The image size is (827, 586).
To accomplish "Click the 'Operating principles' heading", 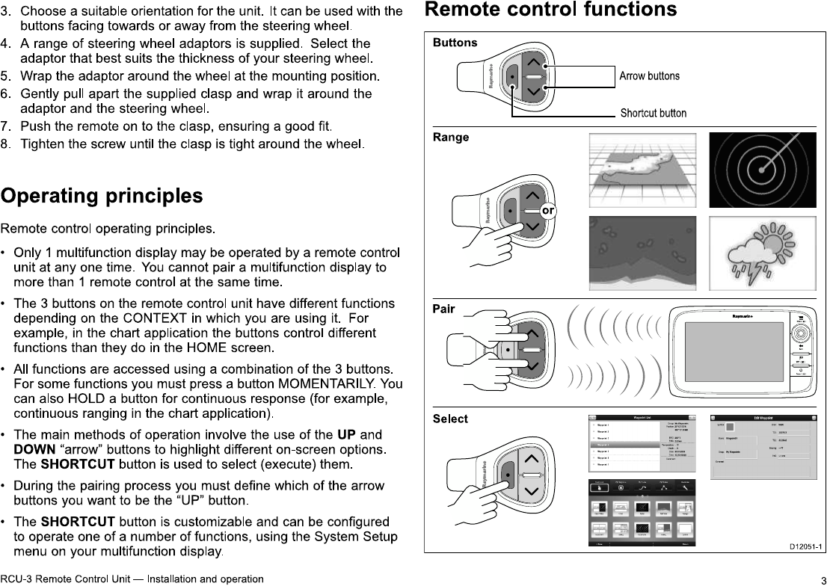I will pyautogui.click(x=102, y=197).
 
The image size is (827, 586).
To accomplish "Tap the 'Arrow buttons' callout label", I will pyautogui.click(x=649, y=76).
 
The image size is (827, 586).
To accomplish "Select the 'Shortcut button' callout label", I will pyautogui.click(x=653, y=114).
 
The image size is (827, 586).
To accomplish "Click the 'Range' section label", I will pyautogui.click(x=451, y=138).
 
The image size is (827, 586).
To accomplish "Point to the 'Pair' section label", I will pyautogui.click(x=444, y=309).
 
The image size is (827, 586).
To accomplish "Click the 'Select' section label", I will pyautogui.click(x=450, y=419).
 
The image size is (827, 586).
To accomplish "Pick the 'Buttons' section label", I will pyautogui.click(x=455, y=43).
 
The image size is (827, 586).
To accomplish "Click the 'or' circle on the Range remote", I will pyautogui.click(x=548, y=212).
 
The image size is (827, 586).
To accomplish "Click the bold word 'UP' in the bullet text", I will pyautogui.click(x=345, y=435).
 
